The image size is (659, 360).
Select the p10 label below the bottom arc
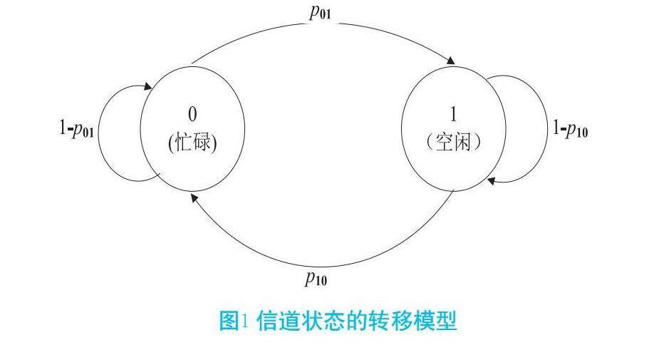(316, 278)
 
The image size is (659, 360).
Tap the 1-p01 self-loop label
(76, 130)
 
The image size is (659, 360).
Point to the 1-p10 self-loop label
(570, 129)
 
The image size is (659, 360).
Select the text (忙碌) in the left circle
(192, 143)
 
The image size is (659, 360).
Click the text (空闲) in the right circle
(454, 142)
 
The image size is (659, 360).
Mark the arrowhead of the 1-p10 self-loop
(491, 181)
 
